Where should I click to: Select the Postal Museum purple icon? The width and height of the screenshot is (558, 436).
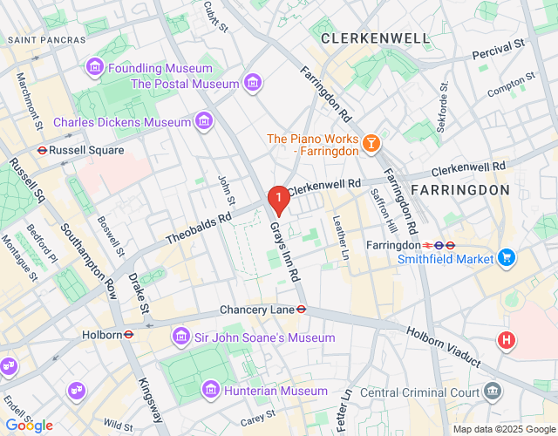coord(252,84)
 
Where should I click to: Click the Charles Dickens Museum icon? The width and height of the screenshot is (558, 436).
coord(204,121)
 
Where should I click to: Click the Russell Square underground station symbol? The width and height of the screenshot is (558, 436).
coord(41,150)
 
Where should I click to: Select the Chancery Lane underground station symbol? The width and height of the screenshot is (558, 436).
coord(301,309)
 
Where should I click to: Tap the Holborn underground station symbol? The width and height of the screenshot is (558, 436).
coord(128,334)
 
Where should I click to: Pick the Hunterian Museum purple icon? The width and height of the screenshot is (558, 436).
coord(210,391)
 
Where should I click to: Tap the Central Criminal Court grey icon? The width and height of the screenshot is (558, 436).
coord(494,390)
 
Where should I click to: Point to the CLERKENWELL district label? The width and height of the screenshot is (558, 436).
coord(375,38)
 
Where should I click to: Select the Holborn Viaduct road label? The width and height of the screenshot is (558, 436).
coord(443,346)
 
